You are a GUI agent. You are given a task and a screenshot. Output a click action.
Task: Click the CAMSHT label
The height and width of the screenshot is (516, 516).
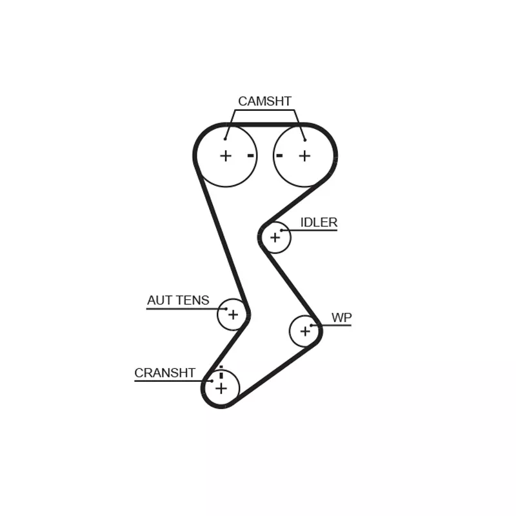click(264, 101)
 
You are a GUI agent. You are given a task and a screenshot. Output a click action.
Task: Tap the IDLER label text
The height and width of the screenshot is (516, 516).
click(319, 223)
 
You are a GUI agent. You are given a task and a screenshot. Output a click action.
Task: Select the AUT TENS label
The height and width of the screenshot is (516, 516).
click(178, 300)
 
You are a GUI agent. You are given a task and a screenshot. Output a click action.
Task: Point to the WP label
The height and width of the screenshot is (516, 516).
click(342, 317)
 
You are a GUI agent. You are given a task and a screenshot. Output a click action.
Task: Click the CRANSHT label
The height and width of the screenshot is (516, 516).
click(165, 373)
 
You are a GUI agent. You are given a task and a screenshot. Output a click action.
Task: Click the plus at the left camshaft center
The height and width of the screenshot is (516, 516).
click(226, 155)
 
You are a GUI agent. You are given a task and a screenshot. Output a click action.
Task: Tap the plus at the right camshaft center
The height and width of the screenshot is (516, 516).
click(304, 155)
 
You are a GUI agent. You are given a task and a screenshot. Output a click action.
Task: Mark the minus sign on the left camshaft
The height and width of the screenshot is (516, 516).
click(251, 155)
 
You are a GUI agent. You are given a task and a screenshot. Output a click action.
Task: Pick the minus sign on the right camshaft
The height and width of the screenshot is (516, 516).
click(279, 155)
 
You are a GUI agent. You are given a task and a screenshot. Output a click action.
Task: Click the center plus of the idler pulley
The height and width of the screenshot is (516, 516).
click(275, 237)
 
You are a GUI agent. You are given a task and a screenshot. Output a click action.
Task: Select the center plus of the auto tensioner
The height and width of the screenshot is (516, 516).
click(233, 315)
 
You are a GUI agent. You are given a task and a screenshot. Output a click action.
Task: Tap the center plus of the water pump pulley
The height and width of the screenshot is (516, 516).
click(305, 331)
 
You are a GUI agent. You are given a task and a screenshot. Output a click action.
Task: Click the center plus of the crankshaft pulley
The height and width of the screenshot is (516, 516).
click(221, 389)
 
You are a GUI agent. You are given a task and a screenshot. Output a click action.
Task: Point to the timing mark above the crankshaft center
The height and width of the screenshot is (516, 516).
click(221, 373)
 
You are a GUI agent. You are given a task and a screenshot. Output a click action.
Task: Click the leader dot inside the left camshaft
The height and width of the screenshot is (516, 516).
click(225, 139)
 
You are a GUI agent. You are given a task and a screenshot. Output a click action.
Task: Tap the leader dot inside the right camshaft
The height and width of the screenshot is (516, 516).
click(305, 140)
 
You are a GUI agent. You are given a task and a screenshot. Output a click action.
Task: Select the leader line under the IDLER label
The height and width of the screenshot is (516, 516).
click(309, 230)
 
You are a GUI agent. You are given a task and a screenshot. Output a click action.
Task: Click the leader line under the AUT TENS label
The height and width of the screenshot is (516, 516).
click(186, 309)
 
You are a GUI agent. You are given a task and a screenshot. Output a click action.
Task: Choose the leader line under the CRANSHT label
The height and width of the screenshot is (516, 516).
click(174, 381)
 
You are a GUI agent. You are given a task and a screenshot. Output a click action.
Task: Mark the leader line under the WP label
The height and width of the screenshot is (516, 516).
click(331, 326)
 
